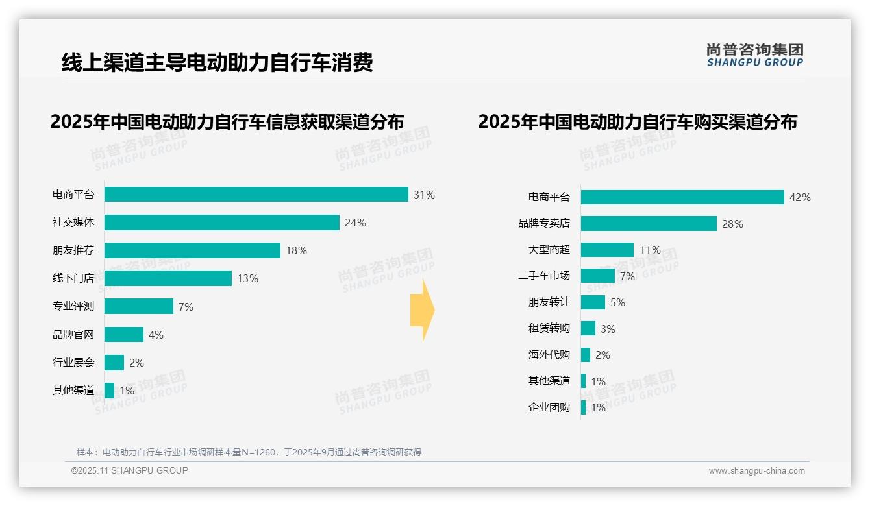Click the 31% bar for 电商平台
click(256, 195)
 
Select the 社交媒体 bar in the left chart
click(221, 223)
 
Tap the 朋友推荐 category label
click(73, 250)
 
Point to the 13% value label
click(247, 279)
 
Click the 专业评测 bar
click(139, 306)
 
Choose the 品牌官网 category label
click(73, 335)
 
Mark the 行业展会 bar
click(114, 363)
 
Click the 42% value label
click(800, 198)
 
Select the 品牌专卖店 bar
click(649, 224)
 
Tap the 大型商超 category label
click(549, 250)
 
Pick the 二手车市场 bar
click(598, 276)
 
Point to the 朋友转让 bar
click(593, 302)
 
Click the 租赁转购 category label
click(549, 328)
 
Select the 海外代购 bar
click(586, 355)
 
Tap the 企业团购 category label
click(549, 407)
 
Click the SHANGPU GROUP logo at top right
click(754, 55)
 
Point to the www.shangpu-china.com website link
click(756, 471)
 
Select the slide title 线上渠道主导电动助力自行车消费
click(217, 63)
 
